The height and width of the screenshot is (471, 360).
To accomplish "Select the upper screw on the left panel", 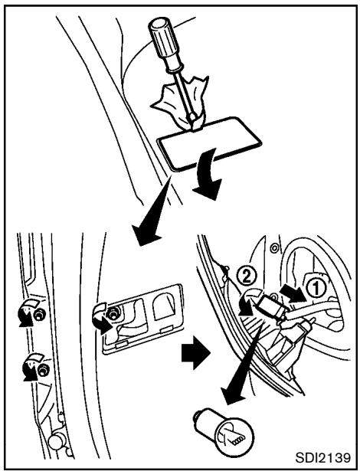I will click(38, 314).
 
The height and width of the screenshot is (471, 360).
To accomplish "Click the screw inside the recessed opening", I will click(112, 312).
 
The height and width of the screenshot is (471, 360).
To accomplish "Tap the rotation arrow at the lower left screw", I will click(30, 368).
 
